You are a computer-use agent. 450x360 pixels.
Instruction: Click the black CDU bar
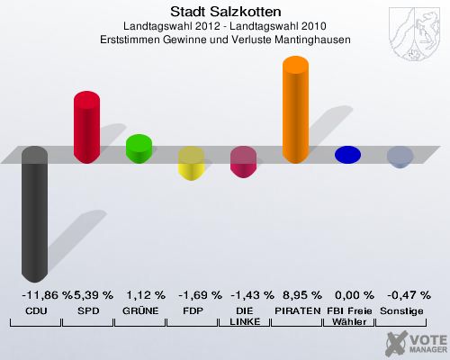coord(34,216)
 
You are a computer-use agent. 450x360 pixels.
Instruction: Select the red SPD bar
coord(86,126)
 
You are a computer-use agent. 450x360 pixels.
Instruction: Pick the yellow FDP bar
coord(191,164)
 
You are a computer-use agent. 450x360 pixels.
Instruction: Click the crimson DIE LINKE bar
coord(243,162)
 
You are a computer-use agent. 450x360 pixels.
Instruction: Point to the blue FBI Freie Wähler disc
coord(347,155)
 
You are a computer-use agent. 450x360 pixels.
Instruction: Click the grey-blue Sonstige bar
coord(400,157)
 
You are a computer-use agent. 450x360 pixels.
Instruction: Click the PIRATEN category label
coord(297,310)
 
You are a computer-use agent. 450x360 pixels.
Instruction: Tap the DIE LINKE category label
coord(243,316)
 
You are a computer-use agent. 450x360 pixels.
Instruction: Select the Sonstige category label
coord(401,310)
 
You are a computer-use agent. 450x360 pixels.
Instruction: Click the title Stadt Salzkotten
coord(225,12)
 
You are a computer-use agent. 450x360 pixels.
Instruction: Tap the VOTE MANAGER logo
coord(417,343)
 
